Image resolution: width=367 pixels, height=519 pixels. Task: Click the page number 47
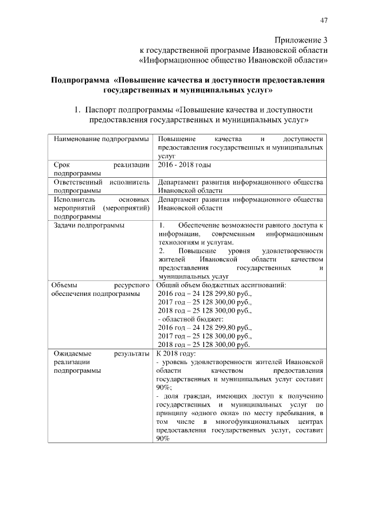point(324,21)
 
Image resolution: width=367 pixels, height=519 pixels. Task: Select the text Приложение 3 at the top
point(300,40)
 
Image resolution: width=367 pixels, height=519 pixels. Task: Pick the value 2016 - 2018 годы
point(184,165)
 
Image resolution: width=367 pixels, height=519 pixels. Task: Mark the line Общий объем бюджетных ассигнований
point(221,284)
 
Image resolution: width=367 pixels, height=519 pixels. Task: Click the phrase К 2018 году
point(176,353)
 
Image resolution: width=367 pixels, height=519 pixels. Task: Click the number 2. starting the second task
point(162,251)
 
